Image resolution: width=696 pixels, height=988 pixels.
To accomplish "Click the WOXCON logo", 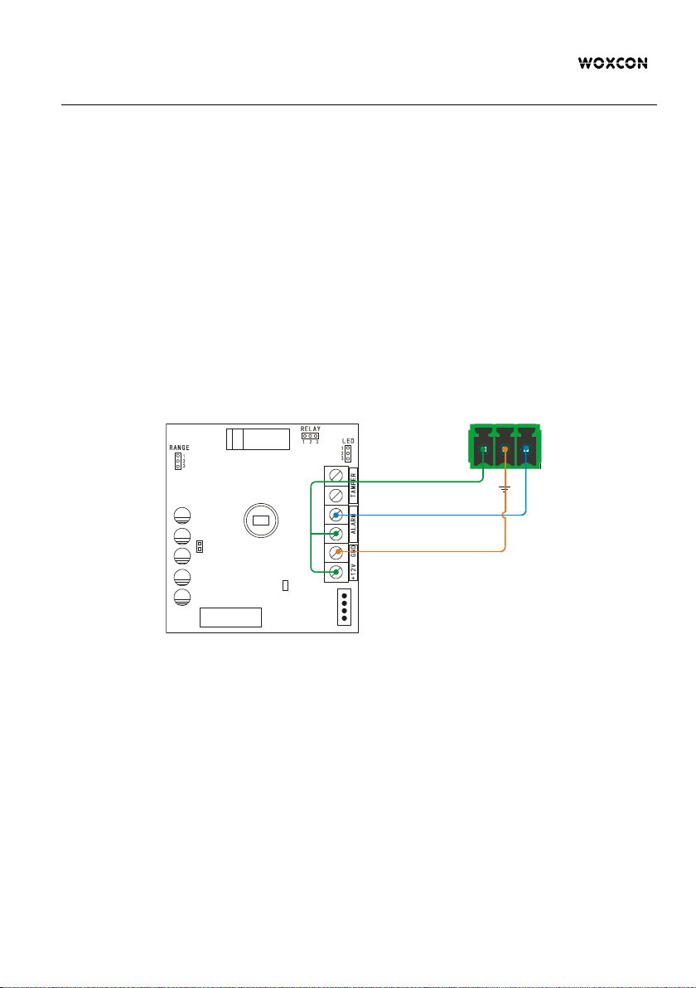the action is pos(612,63).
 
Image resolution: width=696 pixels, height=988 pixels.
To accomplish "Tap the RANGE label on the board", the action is pos(179,448).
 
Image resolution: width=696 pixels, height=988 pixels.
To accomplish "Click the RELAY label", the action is pos(310,429).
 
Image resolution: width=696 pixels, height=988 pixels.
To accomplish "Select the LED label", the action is pos(348,441).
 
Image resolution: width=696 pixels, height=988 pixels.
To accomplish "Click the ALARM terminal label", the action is pos(352,524).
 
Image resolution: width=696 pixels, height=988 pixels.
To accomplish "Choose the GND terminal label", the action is pos(352,552).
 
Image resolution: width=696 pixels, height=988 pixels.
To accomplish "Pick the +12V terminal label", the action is pos(352,571).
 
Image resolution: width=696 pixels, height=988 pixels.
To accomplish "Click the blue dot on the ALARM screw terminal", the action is pos(336,514).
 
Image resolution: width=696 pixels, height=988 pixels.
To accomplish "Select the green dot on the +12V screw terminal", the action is pos(336,571).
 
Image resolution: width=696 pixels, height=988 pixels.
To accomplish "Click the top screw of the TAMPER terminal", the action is pos(336,476).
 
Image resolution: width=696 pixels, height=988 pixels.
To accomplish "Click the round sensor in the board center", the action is pos(260,521).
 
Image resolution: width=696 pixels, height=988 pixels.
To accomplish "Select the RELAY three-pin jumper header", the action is pos(310,436).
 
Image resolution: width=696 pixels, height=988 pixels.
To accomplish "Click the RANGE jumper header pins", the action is pos(178,461).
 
